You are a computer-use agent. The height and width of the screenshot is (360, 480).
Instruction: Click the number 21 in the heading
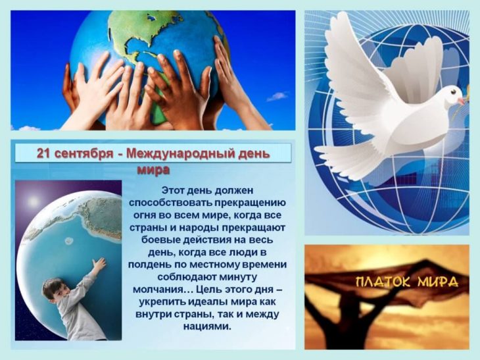click(x=43, y=153)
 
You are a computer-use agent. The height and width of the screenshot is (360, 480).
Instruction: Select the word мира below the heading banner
click(x=153, y=169)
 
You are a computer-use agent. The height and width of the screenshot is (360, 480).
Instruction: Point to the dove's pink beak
click(x=461, y=101)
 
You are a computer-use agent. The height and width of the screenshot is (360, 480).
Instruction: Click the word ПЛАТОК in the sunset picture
click(x=384, y=282)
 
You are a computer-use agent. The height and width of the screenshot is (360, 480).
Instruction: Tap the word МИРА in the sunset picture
click(x=438, y=282)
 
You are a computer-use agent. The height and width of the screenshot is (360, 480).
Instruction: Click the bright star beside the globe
click(x=33, y=201)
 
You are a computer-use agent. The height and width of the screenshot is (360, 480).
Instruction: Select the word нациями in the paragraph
click(x=206, y=326)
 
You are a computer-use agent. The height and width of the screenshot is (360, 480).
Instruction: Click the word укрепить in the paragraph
click(x=162, y=302)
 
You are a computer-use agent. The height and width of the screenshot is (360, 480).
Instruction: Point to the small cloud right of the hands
click(x=277, y=97)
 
